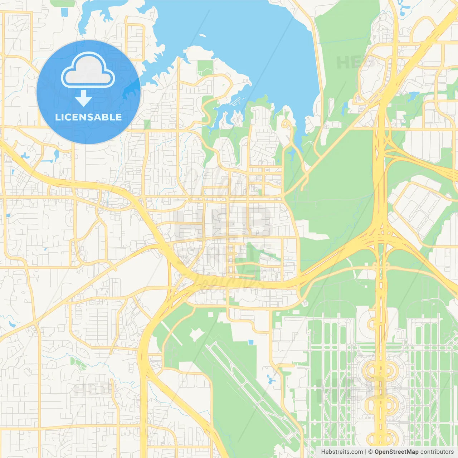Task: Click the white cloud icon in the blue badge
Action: (x=88, y=70)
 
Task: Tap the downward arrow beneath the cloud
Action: (x=83, y=98)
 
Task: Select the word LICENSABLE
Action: (x=88, y=117)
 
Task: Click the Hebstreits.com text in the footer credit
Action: (x=342, y=452)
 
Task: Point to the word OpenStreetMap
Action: (x=396, y=452)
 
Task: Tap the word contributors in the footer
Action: (x=437, y=452)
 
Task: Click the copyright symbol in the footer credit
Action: (x=370, y=452)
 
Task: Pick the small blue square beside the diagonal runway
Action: (x=251, y=342)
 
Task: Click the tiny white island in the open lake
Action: (x=203, y=35)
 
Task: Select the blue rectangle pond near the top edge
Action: (x=64, y=11)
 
